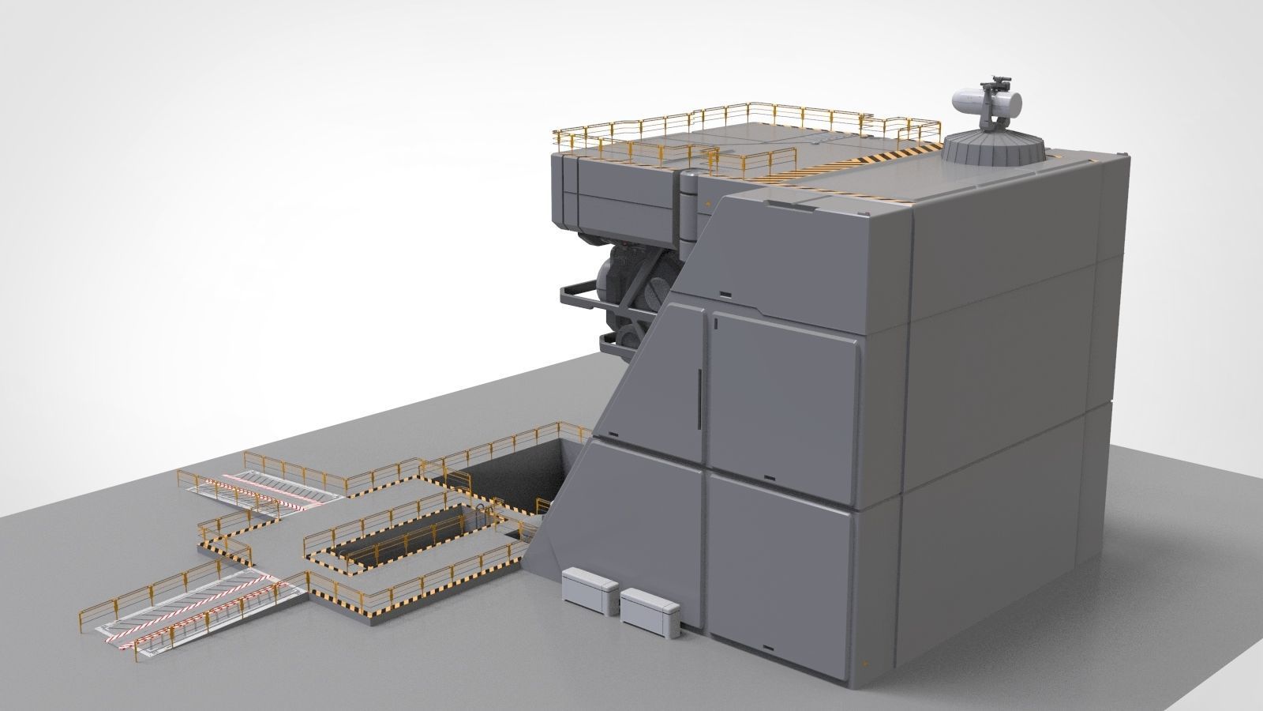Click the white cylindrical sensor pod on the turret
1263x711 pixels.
987,101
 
